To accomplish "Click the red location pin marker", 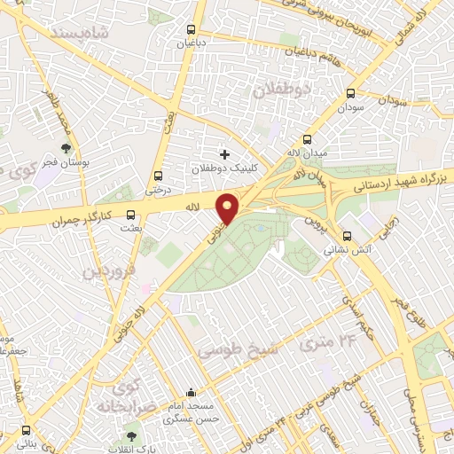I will pos(228,208).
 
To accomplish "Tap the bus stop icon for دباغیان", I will pos(186,26).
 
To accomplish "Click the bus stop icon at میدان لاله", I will pos(308,139).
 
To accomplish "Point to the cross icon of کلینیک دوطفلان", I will pos(224,154).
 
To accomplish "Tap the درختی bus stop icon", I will pos(159,176).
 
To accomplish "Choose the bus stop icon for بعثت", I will pos(131,214).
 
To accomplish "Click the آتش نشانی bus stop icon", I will pos(347,237).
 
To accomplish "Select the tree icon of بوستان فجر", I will pos(65,149).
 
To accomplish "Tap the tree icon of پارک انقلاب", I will pos(132,435).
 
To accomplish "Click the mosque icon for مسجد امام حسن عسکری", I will pos(191,393).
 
